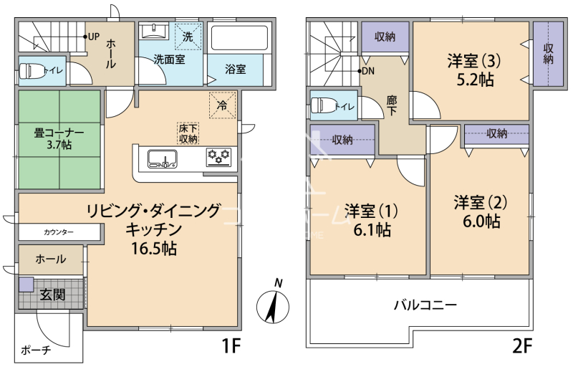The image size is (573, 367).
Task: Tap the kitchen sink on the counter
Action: coord(163,159)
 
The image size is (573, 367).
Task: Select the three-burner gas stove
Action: coord(219,157)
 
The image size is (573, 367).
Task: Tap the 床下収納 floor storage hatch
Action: coord(188,133)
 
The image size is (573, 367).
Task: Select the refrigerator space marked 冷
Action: coord(222,105)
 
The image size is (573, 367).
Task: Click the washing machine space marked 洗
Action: coord(188,36)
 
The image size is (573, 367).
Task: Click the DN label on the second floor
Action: coord(368,71)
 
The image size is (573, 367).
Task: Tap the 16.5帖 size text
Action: coord(154,249)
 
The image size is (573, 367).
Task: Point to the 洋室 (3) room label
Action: coord(474,61)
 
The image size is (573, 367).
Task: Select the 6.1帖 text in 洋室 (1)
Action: coord(372,230)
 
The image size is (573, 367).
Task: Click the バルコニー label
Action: coord(425,305)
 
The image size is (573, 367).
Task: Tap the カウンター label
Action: coord(59,232)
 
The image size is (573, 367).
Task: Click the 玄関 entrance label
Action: coord(52,295)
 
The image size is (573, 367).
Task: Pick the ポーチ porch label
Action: coord(36,351)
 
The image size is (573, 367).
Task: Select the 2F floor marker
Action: coord(522,346)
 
